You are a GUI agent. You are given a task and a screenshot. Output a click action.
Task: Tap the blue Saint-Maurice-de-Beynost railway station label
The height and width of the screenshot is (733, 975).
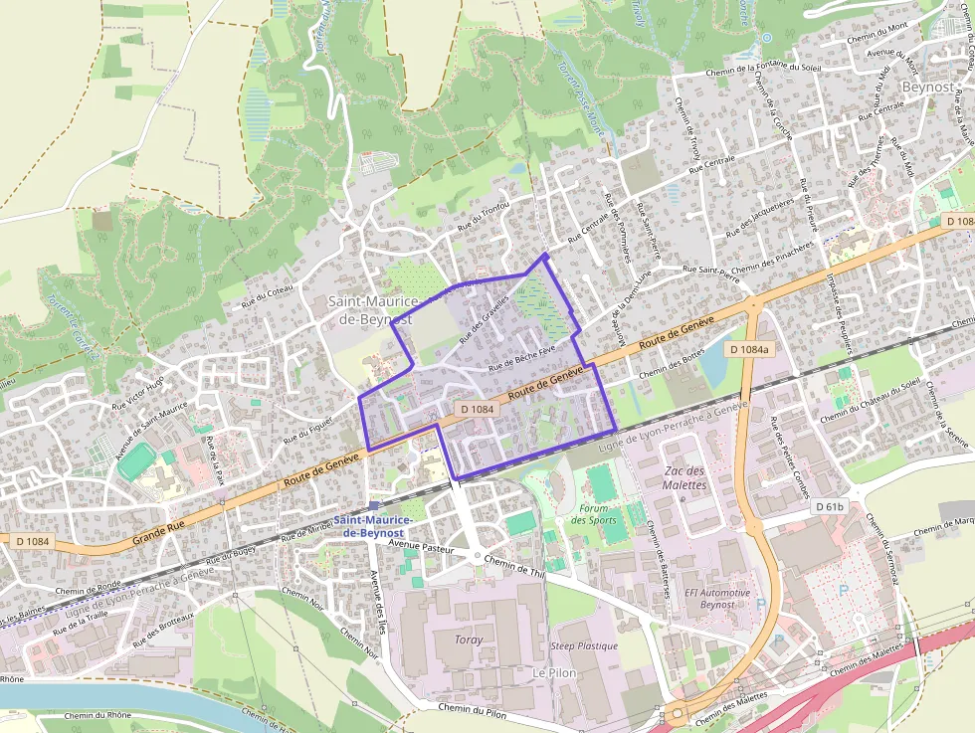[x=368, y=526]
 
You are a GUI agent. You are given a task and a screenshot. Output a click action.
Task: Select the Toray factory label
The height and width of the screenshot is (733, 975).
[x=468, y=640]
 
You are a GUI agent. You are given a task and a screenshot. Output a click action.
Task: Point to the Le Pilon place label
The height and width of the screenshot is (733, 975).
[x=554, y=672]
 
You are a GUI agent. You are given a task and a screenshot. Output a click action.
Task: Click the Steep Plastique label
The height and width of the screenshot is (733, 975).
[x=584, y=645]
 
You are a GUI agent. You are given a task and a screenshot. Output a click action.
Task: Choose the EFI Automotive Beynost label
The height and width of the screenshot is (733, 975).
[x=717, y=598]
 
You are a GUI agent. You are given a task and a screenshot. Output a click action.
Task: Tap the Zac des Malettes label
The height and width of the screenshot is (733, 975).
[x=683, y=477]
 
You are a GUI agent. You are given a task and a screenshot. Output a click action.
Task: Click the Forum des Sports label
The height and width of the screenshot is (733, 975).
[x=596, y=514]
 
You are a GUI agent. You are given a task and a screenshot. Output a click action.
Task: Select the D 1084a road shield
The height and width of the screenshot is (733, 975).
[x=748, y=349]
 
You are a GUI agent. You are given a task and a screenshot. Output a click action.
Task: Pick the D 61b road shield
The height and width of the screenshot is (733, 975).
[x=830, y=507]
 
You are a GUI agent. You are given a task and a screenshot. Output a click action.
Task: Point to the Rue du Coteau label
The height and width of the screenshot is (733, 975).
[x=268, y=290]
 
